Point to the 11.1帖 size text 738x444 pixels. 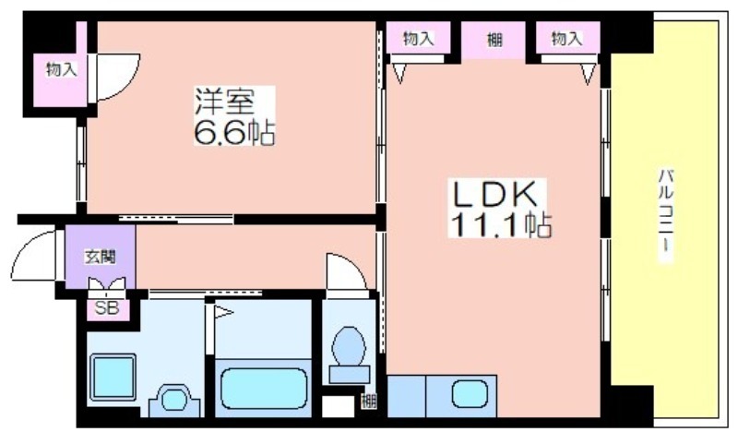500,224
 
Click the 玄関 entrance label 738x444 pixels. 100,256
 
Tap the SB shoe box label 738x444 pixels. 107,308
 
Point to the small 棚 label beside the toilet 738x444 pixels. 368,400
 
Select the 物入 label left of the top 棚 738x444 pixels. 417,38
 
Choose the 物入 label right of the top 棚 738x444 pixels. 567,38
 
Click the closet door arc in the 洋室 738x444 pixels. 117,74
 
